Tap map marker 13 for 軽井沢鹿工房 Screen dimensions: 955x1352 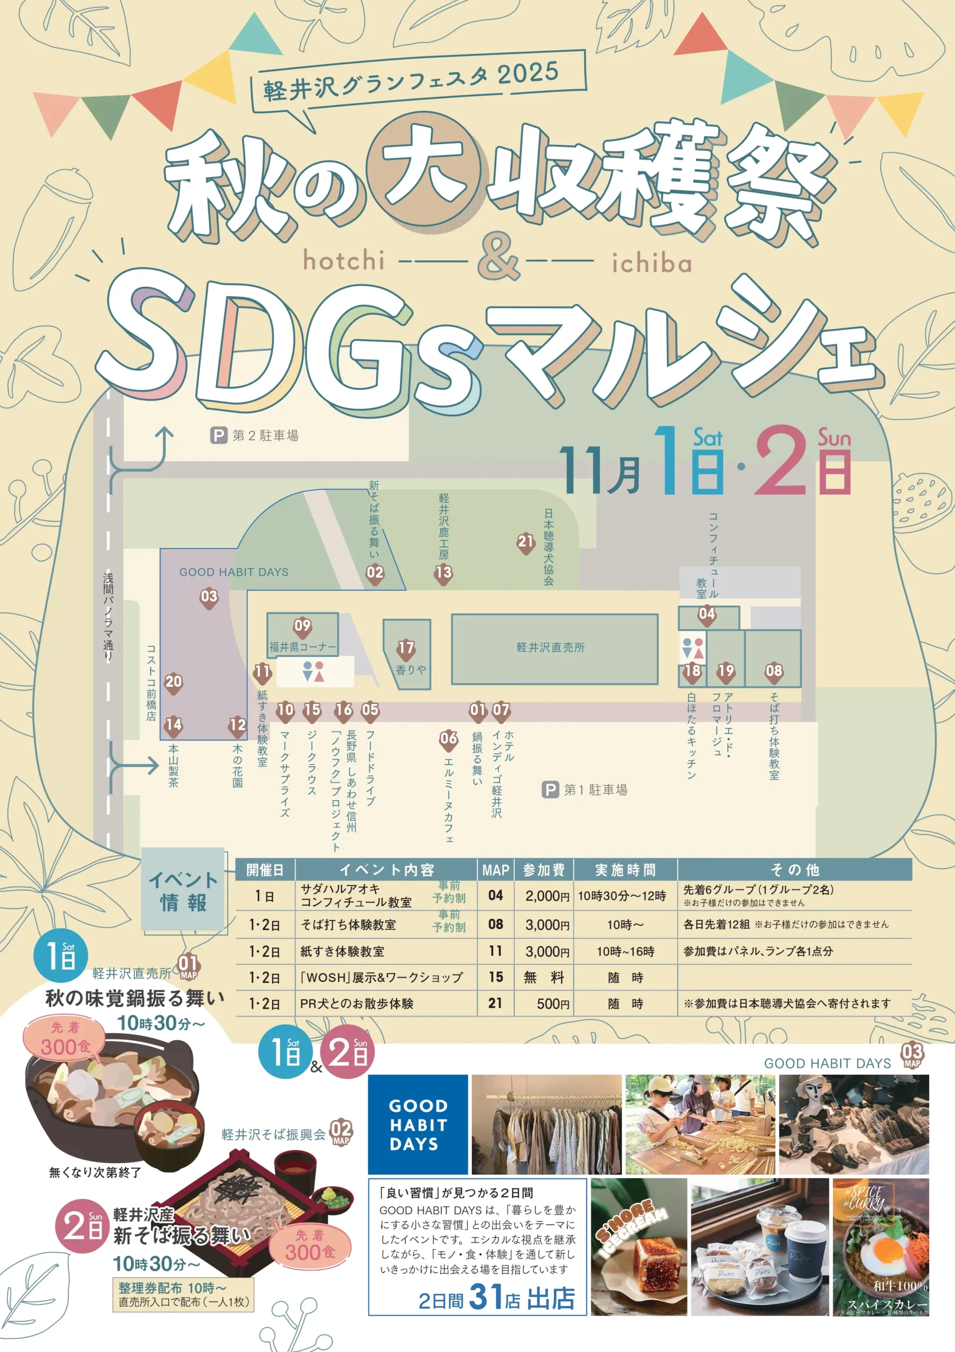pos(443,572)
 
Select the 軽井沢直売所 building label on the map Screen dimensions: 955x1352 pos(550,647)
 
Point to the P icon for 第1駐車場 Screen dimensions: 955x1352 pos(550,790)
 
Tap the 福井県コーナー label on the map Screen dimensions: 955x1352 pos(303,647)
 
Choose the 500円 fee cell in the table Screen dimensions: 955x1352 pos(552,1003)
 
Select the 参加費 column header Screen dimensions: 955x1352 pos(543,870)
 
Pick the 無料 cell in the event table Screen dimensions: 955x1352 pos(543,978)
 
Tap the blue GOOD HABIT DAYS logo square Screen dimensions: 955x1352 pos(418,1124)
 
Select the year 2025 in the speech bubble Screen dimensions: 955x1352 pos(527,73)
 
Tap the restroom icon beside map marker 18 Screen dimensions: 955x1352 pos(693,647)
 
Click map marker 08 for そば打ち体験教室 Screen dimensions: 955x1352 pos(774,671)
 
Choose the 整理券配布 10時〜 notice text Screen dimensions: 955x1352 pos(171,1288)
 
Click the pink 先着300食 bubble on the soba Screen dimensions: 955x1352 pos(310,1246)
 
